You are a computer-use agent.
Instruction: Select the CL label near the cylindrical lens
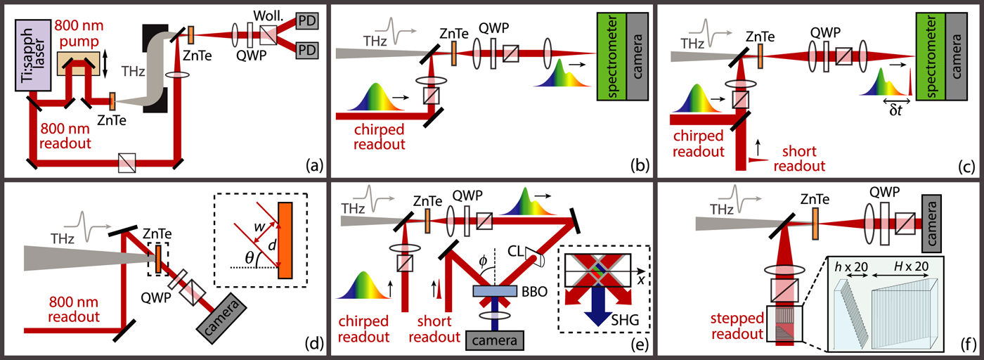coord(517,248)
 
